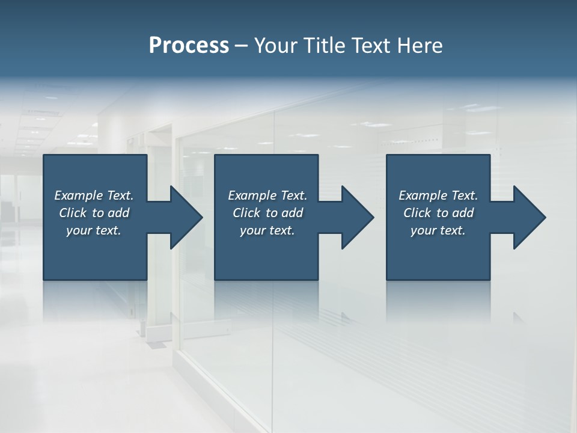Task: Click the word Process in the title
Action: point(189,46)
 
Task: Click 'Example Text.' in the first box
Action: point(94,195)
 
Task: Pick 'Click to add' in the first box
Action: point(94,213)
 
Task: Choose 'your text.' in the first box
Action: point(94,230)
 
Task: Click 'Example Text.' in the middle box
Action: point(267,195)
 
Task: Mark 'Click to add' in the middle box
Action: point(267,213)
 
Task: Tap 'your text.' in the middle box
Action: point(267,230)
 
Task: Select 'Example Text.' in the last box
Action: point(438,195)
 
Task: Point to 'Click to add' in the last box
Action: point(438,213)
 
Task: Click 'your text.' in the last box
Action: point(438,230)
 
